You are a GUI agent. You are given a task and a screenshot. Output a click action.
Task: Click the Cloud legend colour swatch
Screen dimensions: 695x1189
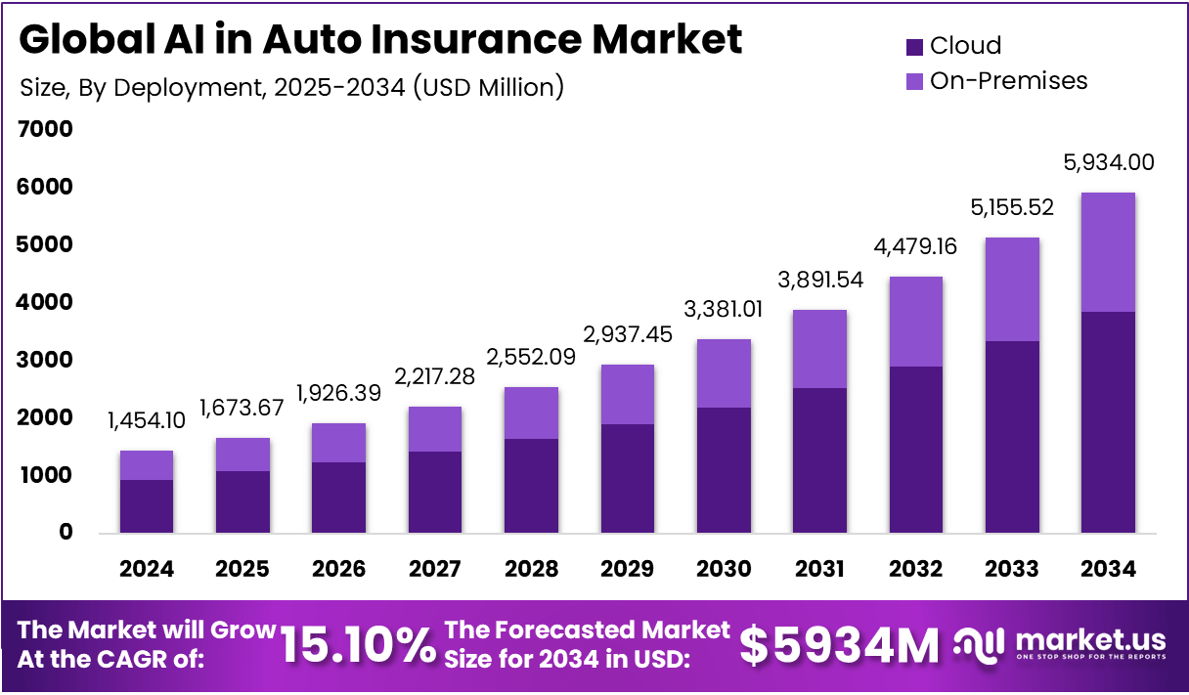[x=914, y=46]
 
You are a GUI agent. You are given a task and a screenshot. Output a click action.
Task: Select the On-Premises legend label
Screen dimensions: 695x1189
[x=1008, y=80]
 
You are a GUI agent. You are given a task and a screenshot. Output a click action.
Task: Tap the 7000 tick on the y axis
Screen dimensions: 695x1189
[x=45, y=129]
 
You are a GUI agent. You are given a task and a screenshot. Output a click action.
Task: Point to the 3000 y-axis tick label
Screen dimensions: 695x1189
[x=45, y=360]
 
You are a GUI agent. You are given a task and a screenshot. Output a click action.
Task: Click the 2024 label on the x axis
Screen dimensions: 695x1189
[x=147, y=569]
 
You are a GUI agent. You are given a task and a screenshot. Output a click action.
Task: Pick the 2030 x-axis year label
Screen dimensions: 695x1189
[x=724, y=569]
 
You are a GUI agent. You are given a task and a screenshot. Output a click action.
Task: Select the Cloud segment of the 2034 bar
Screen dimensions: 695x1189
[x=1108, y=422]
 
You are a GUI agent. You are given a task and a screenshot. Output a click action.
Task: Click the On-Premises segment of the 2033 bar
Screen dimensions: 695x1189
[x=1012, y=289]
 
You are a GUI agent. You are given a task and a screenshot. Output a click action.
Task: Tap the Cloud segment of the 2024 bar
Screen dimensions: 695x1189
[x=147, y=506]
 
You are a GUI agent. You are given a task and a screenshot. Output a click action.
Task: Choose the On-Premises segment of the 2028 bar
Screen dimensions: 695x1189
[x=531, y=413]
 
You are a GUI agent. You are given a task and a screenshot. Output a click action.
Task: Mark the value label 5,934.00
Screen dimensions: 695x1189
[x=1108, y=162]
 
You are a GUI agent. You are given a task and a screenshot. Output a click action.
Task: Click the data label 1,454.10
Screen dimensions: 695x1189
[x=147, y=420]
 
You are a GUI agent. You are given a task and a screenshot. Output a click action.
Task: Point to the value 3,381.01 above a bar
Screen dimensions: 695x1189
[x=724, y=310]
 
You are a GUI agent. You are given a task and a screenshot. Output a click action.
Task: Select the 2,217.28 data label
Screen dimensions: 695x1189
[x=435, y=376]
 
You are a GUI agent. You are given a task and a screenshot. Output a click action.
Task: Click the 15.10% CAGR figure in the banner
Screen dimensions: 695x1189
[x=358, y=645]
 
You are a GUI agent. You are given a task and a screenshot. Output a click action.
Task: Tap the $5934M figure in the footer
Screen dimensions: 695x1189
[x=838, y=645]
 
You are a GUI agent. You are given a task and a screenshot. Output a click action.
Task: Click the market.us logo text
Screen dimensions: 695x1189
[x=1090, y=640]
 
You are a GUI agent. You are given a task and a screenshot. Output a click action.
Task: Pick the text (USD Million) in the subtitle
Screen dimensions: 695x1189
[x=489, y=87]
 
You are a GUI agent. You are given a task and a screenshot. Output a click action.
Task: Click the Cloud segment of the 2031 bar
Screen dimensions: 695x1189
[x=819, y=459]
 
